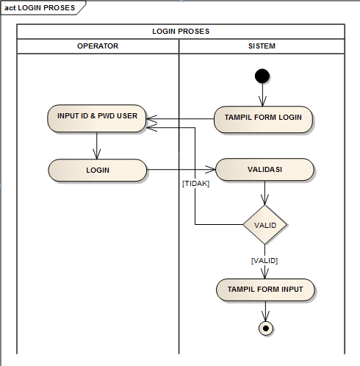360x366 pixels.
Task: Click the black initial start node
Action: point(262,75)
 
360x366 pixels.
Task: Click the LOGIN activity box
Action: point(98,170)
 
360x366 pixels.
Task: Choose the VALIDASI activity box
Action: point(264,170)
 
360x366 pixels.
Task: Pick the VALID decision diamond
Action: point(264,224)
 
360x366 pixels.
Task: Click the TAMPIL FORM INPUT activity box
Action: point(265,290)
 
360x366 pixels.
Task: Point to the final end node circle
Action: point(266,328)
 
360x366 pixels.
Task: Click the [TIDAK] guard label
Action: point(195,184)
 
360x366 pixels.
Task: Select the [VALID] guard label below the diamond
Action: point(264,260)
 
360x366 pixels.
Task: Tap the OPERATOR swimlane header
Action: point(98,46)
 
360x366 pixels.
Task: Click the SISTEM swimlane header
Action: point(262,46)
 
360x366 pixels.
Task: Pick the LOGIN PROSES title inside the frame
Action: point(181,32)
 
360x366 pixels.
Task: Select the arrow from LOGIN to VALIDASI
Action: point(181,170)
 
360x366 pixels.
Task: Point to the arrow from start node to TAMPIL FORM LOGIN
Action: point(262,95)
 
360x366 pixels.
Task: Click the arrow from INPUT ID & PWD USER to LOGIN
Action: point(97,145)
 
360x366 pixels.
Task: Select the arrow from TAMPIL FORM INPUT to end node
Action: point(266,311)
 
